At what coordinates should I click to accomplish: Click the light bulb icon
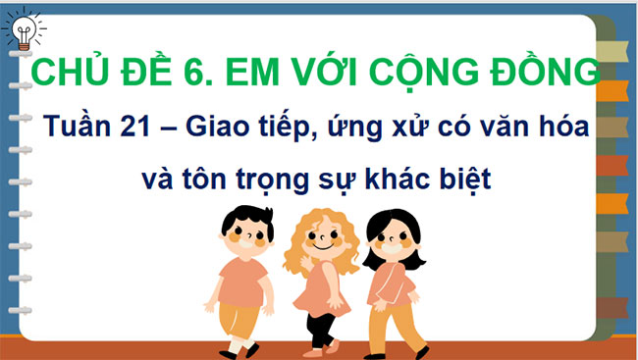pyautogui.click(x=23, y=32)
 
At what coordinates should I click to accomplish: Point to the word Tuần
pyautogui.click(x=81, y=129)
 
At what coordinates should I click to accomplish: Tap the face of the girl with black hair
pyautogui.click(x=394, y=240)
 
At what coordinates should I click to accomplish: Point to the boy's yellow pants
pyautogui.click(x=238, y=318)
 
